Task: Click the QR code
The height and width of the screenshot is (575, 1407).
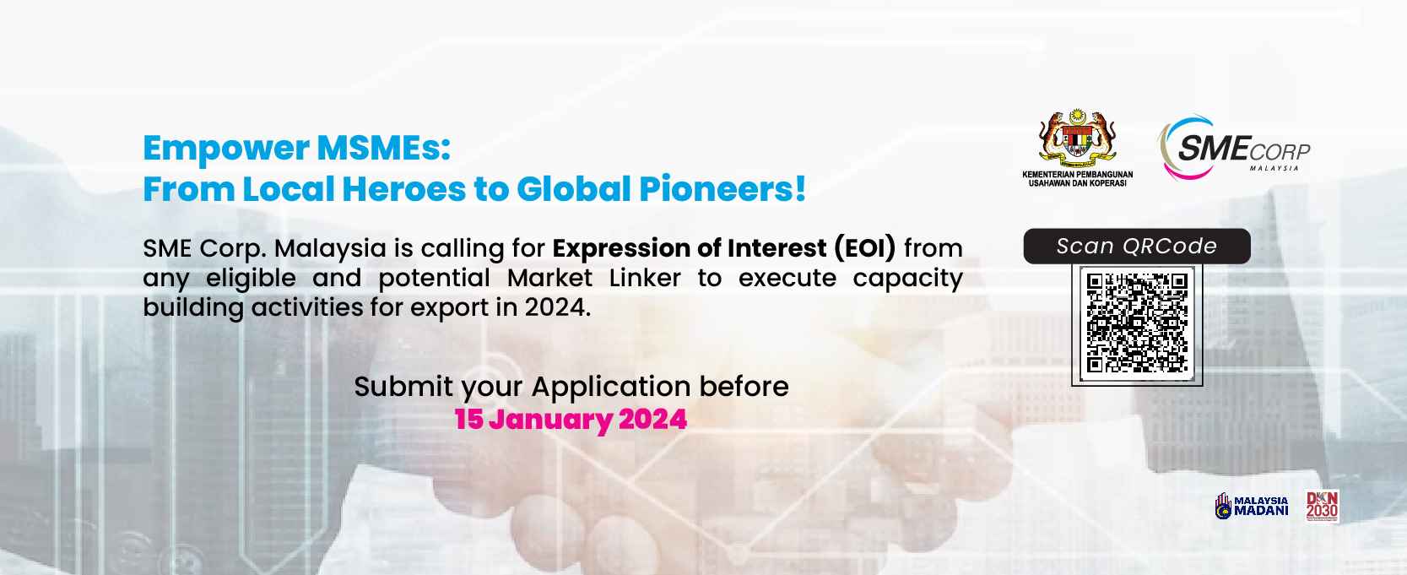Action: click(1137, 323)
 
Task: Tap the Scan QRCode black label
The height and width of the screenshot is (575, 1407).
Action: click(1137, 247)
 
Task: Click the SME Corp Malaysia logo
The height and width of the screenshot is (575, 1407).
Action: click(1234, 149)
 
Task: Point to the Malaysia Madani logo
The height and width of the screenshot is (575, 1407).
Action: click(1252, 506)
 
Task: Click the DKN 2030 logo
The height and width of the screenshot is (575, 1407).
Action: click(1323, 506)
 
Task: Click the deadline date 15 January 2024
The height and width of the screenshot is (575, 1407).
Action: click(571, 419)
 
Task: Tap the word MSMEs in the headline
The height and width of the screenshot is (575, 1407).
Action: click(384, 148)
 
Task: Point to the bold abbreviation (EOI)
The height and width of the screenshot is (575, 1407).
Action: click(865, 248)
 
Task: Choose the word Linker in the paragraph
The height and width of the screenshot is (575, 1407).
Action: click(645, 278)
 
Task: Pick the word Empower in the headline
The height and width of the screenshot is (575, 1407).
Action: click(226, 149)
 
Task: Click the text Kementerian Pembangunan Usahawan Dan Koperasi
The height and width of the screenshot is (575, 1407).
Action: click(1078, 178)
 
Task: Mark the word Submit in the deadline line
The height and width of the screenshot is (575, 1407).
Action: click(403, 386)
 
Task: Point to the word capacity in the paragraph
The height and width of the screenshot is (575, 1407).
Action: click(907, 279)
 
